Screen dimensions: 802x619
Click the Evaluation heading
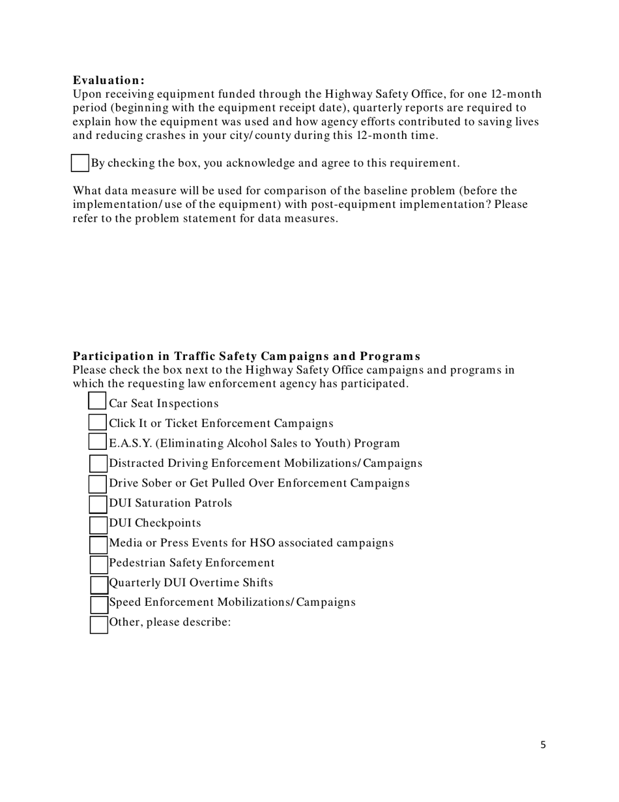tap(108, 80)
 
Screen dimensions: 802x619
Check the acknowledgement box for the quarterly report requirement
tap(79, 163)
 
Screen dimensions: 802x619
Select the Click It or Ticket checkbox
tap(97, 423)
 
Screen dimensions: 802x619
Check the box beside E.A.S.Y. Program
tap(97, 442)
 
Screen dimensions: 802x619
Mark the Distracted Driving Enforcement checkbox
tap(98, 464)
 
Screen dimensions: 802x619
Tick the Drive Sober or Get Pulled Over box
tap(98, 484)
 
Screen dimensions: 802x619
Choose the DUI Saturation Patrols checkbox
tap(98, 504)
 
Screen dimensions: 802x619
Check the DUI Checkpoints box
tap(98, 524)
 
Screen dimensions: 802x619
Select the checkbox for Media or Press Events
tap(98, 544)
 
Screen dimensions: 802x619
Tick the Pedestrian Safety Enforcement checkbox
tap(98, 564)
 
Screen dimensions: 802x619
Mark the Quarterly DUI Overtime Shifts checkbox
tap(99, 584)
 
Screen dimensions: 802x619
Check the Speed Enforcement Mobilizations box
tap(99, 604)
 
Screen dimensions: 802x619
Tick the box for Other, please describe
tap(99, 624)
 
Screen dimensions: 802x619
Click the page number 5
tap(543, 745)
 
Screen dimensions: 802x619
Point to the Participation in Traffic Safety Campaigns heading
tap(246, 356)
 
